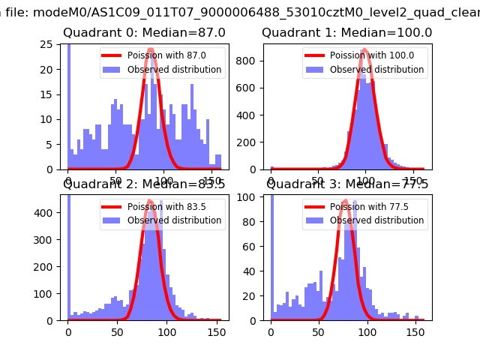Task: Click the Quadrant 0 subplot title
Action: pos(144,33)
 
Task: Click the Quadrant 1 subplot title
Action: pos(346,33)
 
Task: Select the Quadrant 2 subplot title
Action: pos(144,184)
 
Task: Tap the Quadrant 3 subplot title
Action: pos(346,184)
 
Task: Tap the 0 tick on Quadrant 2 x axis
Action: pos(68,331)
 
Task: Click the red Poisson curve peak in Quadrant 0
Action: pos(152,51)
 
